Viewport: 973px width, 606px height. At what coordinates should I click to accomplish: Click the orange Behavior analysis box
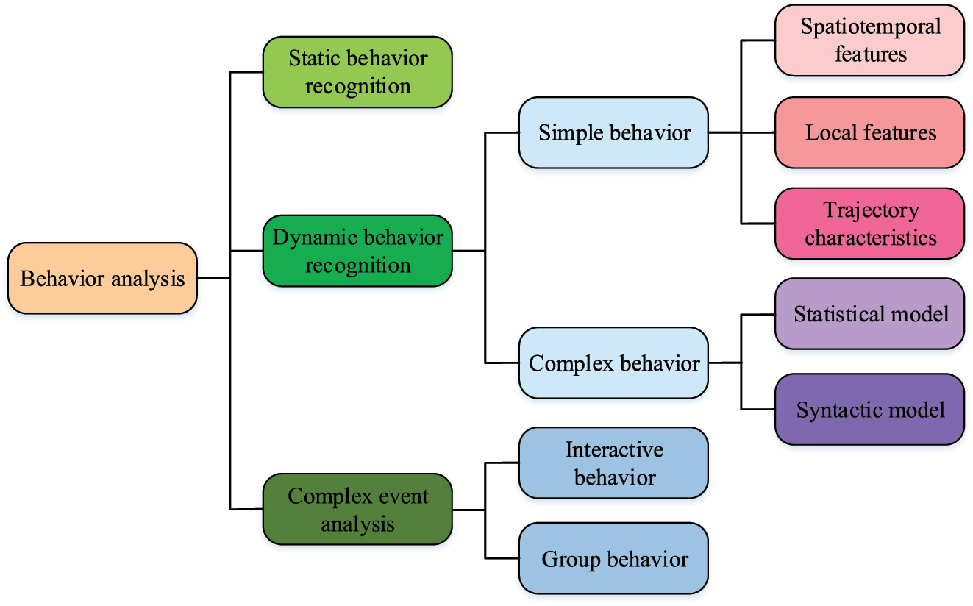(x=102, y=279)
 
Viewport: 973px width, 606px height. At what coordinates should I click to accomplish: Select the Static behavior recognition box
(x=357, y=72)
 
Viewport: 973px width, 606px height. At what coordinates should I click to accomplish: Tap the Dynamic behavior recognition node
(x=357, y=251)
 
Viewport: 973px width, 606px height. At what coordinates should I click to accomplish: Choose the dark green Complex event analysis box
(x=357, y=510)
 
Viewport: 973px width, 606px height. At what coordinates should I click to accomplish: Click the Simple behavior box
(x=613, y=132)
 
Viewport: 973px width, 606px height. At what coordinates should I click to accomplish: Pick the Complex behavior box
(x=613, y=363)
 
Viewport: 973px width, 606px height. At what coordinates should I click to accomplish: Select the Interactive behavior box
(x=613, y=463)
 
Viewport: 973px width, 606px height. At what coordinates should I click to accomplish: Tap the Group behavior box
(x=613, y=558)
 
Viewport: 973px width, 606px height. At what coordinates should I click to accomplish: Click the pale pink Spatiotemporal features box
(x=869, y=40)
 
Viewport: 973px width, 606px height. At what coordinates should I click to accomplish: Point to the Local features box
(x=869, y=132)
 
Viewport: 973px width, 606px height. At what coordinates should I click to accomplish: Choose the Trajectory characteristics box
(x=869, y=224)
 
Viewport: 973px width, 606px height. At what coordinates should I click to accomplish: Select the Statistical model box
(x=869, y=314)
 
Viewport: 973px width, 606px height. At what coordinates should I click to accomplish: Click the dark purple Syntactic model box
(x=869, y=409)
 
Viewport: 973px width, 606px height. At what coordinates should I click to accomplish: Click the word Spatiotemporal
(x=871, y=27)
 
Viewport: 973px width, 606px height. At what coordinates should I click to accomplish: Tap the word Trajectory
(x=871, y=210)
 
